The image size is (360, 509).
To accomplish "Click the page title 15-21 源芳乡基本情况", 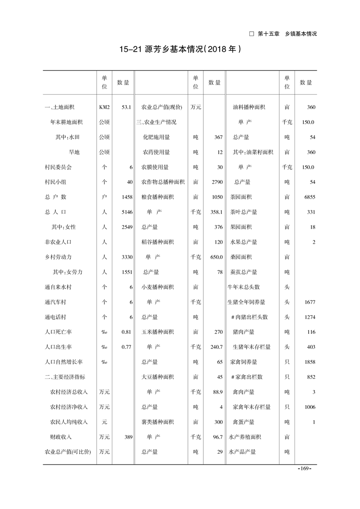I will pos(180,49).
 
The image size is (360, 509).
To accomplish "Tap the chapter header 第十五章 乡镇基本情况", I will pos(286,34).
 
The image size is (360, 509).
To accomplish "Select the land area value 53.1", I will pos(126,108).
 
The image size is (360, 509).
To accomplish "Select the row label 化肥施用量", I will pos(156,137).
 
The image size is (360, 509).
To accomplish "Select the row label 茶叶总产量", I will pos(243,212).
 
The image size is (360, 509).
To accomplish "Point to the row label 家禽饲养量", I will pos(243,362).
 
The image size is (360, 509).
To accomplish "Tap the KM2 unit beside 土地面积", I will pos(104,108).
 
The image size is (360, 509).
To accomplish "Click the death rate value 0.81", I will pos(126,332).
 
